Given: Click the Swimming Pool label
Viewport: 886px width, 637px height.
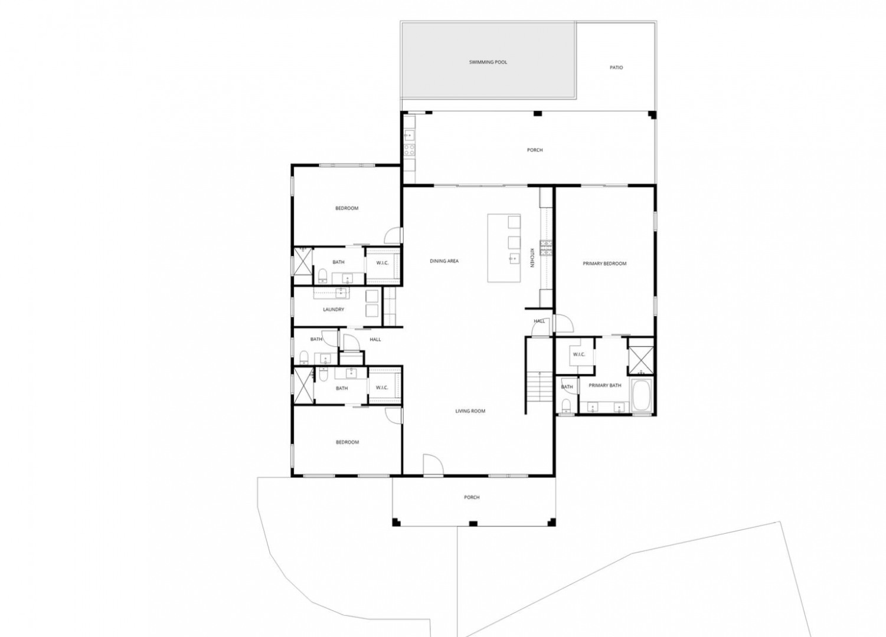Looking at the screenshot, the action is [488, 62].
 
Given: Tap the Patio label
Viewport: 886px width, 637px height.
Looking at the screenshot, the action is [616, 68].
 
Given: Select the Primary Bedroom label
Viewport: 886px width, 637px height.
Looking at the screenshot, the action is [604, 264].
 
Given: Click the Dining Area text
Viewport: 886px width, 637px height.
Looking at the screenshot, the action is [444, 261].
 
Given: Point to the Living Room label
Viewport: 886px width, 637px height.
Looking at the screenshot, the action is [470, 411].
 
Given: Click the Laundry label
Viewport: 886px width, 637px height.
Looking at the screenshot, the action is [334, 310].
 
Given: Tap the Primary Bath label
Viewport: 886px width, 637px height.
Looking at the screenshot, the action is [605, 385].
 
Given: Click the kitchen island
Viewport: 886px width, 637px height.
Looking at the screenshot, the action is [504, 248].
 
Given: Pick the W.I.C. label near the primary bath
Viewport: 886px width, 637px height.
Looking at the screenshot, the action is [579, 354].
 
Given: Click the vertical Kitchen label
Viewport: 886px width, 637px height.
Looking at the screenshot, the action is [532, 258].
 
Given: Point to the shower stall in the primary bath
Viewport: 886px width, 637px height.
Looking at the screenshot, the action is [641, 360].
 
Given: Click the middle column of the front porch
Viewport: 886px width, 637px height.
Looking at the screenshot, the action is [473, 524].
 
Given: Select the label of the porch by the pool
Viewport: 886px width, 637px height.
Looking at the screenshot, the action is [535, 150].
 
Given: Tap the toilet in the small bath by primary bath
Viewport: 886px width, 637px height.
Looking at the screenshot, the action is [567, 405].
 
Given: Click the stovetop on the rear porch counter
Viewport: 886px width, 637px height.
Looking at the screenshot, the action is [410, 150].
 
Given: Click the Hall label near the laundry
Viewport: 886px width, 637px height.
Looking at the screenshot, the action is [375, 340].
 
